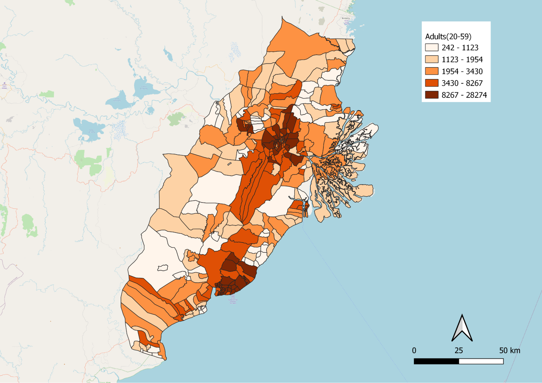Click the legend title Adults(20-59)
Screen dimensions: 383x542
tap(448, 36)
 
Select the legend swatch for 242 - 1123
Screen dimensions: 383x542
tap(432, 48)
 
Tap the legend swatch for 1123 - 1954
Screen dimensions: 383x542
tap(432, 59)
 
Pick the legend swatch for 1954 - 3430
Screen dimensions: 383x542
tap(432, 71)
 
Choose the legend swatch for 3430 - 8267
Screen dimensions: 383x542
tap(432, 83)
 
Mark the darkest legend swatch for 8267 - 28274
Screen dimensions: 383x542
tap(432, 95)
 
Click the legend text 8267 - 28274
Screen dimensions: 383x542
tap(464, 95)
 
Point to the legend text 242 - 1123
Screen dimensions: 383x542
tap(460, 48)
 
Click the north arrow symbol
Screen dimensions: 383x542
tap(462, 328)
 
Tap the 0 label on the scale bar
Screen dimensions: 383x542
tap(414, 350)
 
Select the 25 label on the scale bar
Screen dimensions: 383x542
tap(459, 350)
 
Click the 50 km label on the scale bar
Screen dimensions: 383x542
tap(510, 350)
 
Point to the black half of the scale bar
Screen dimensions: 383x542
tap(436, 361)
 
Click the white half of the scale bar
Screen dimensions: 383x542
tap(481, 361)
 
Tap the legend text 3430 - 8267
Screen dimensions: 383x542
tap(462, 83)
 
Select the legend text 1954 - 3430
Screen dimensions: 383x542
tap(462, 71)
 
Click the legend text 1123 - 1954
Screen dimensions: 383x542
tap(462, 60)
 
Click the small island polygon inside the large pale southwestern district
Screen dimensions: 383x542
tap(163, 268)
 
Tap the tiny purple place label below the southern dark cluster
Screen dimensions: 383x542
tap(233, 299)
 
